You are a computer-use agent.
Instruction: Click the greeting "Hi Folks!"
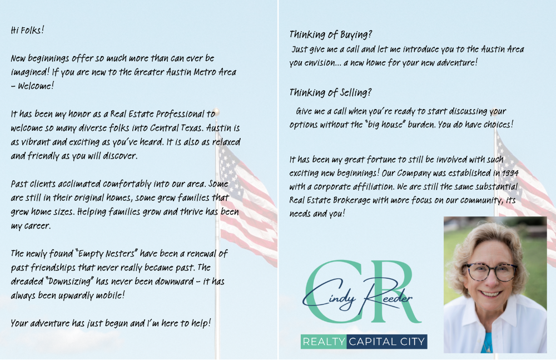coord(27,30)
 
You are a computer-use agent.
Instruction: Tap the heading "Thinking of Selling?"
coord(330,92)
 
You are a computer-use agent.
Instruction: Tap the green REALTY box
coord(324,341)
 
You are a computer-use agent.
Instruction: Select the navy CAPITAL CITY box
coord(387,341)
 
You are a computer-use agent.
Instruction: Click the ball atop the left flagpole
coord(216,112)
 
